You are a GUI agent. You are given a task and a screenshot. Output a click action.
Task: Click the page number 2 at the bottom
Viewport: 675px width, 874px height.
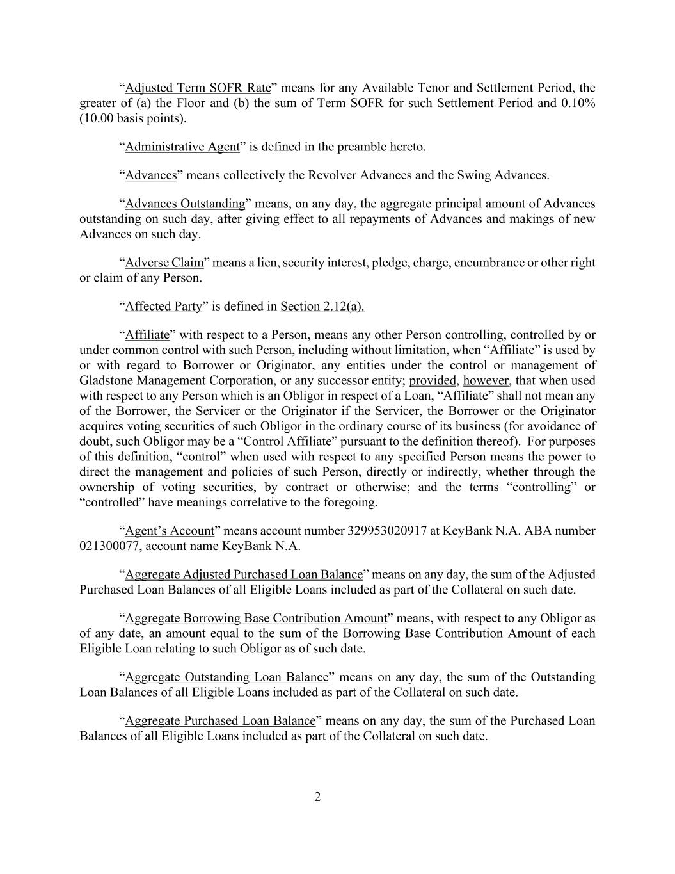[317, 797]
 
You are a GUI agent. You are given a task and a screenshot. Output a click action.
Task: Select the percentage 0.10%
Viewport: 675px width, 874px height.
[578, 103]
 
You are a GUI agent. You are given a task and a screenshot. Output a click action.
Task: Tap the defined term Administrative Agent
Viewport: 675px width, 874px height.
[182, 147]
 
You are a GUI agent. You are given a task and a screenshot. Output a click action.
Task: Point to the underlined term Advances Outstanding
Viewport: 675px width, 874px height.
[185, 204]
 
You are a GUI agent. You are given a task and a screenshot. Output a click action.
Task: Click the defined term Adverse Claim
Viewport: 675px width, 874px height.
[164, 263]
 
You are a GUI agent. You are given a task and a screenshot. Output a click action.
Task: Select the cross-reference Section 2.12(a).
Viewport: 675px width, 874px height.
[322, 306]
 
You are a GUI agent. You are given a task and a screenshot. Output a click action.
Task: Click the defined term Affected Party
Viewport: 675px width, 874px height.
[163, 306]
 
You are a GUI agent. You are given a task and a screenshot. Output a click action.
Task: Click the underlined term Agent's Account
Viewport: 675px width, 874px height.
[170, 531]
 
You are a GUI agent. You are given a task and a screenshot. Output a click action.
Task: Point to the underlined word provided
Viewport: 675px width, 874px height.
[433, 380]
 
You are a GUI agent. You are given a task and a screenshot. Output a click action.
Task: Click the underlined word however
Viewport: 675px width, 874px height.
[486, 380]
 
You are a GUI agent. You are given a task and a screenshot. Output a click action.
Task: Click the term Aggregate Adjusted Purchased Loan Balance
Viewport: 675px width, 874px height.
[244, 574]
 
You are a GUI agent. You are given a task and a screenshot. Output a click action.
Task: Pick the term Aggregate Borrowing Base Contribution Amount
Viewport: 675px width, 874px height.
[256, 618]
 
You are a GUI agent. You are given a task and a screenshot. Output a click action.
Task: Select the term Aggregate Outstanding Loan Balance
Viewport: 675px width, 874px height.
[226, 677]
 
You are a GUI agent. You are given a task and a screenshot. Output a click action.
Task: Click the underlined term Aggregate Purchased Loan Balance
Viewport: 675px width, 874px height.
[220, 720]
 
